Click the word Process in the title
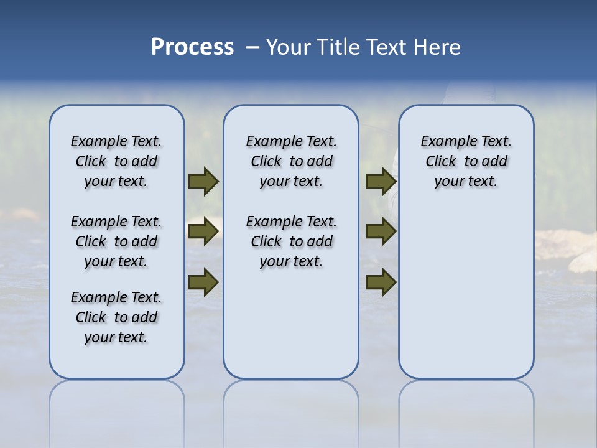[192, 47]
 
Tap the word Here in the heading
[438, 47]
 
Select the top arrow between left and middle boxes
[203, 181]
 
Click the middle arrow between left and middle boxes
[203, 231]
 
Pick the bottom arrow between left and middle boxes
[203, 282]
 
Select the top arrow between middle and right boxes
[381, 181]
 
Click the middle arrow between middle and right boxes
[381, 231]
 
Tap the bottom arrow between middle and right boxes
[381, 282]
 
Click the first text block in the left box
[116, 161]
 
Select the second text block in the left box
[116, 241]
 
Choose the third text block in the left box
[116, 317]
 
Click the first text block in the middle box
[291, 161]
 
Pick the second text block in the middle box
[291, 241]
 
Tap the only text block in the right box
[466, 161]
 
